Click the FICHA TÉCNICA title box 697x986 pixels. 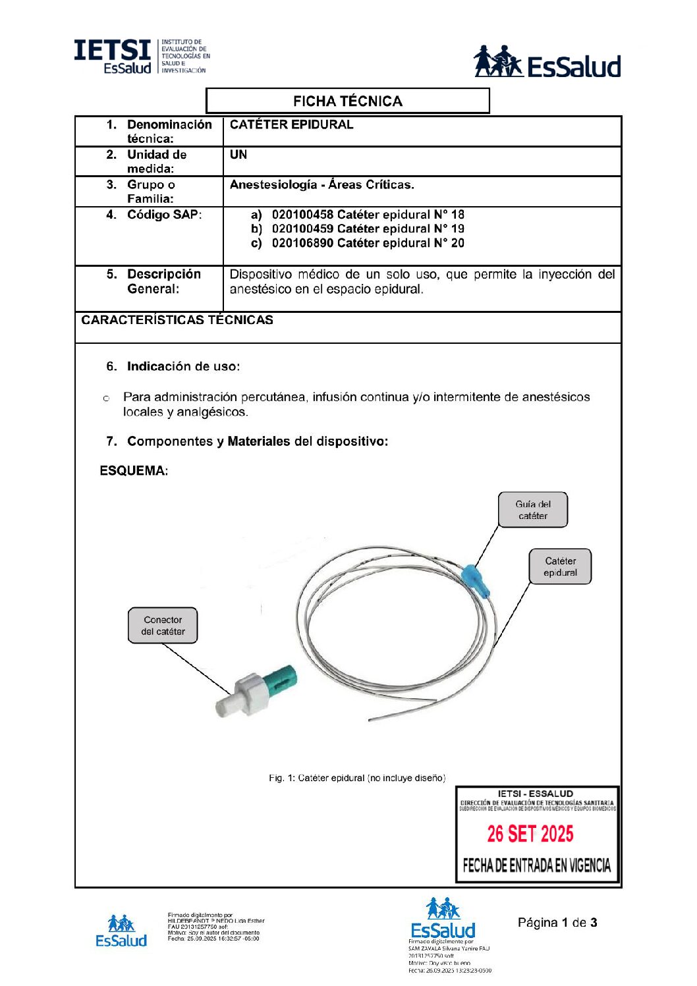coord(347,101)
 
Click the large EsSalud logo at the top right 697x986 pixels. coord(547,63)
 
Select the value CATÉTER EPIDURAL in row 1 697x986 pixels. coord(291,124)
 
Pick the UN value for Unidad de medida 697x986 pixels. coord(238,155)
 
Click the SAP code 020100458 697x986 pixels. coord(302,215)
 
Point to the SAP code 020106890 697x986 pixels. coord(302,243)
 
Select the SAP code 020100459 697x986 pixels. coord(302,229)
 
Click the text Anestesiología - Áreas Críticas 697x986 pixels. coord(321,185)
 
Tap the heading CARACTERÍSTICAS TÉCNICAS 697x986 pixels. coord(177,320)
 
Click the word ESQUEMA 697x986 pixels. coord(134,471)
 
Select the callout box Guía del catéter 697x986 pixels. coord(532,510)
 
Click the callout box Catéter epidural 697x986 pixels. coord(560,566)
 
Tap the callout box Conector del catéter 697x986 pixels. coord(163,625)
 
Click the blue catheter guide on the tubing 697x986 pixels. coord(478,580)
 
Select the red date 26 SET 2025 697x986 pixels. coord(530,834)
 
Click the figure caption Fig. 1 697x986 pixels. coord(356,778)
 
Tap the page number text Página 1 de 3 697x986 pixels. coord(557,922)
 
